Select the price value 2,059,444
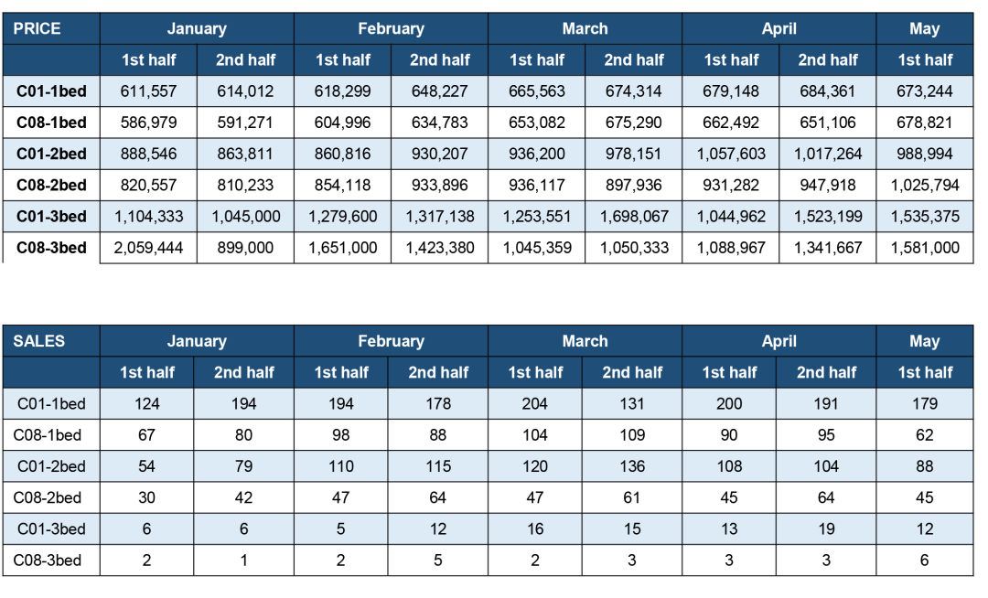[x=148, y=248]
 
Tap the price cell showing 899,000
[x=245, y=248]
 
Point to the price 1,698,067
[x=634, y=217]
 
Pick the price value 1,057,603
[x=731, y=155]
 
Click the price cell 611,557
[x=148, y=91]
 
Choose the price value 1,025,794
[x=925, y=186]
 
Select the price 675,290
[x=634, y=123]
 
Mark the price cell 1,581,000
[x=925, y=248]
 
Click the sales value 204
[x=535, y=403]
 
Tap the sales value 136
[x=632, y=466]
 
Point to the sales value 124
[x=146, y=403]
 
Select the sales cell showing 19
[x=826, y=529]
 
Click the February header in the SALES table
[x=392, y=341]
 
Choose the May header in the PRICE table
[x=924, y=28]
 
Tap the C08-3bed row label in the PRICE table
[x=51, y=248]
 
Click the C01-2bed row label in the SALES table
[x=51, y=466]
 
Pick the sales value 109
[x=632, y=435]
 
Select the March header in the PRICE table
[x=585, y=28]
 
